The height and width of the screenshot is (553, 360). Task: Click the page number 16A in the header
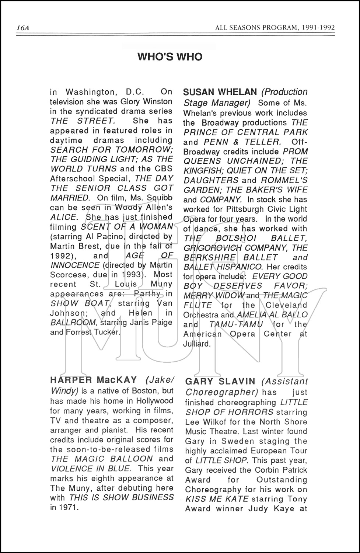(23, 28)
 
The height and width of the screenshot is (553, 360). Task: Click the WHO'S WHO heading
(170, 57)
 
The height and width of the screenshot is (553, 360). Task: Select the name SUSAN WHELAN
(220, 92)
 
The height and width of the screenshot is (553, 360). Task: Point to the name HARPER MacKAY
(94, 380)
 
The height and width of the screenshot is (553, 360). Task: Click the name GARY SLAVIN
(220, 381)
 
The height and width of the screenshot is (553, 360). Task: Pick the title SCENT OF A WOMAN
(126, 227)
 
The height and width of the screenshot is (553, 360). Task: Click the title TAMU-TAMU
(236, 324)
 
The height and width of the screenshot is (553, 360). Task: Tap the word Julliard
(196, 344)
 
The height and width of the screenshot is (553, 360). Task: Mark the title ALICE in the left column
(63, 217)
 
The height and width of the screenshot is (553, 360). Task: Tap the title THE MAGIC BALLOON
(102, 459)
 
